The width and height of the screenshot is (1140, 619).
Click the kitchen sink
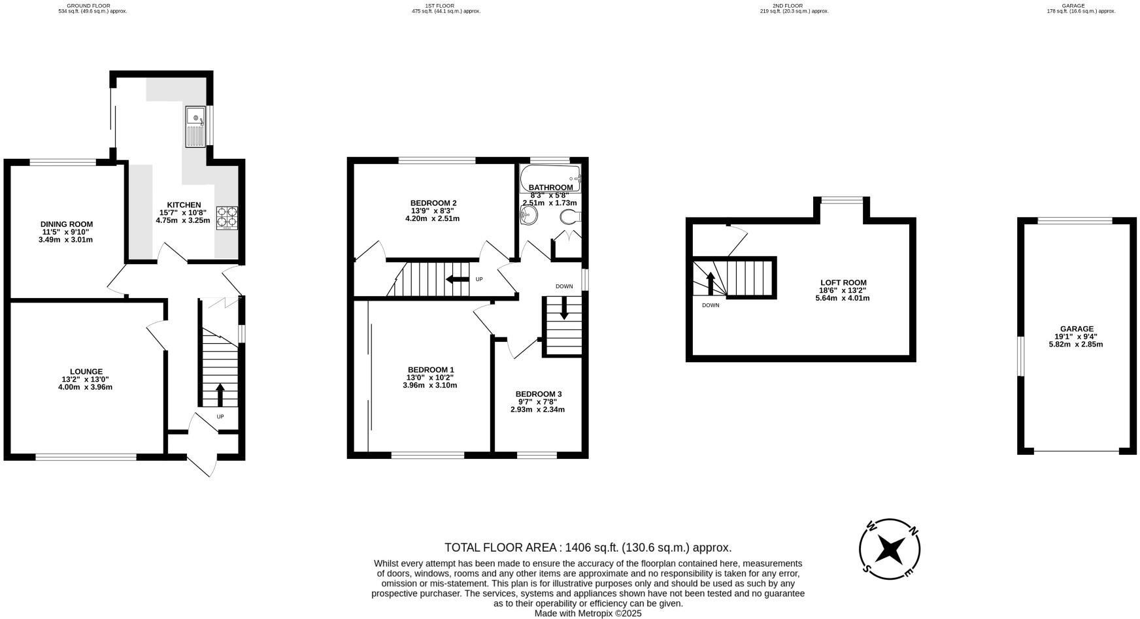195,125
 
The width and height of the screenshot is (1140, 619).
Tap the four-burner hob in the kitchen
227,217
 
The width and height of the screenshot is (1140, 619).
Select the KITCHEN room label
184,205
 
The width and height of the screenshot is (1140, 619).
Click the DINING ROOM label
67,224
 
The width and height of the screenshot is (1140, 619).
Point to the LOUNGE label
86,371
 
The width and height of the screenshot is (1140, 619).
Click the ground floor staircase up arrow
220,395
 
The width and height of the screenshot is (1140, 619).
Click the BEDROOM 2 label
433,203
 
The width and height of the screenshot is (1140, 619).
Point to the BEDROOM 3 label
538,393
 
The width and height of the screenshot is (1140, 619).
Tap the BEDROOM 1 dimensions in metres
429,385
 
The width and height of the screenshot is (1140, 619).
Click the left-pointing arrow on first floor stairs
457,280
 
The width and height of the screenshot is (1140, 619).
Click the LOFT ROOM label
843,282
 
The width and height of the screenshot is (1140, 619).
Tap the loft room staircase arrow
711,283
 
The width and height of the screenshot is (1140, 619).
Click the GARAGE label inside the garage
1077,329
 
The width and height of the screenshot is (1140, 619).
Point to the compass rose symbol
890,549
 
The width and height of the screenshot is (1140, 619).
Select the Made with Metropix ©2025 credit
588,614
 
